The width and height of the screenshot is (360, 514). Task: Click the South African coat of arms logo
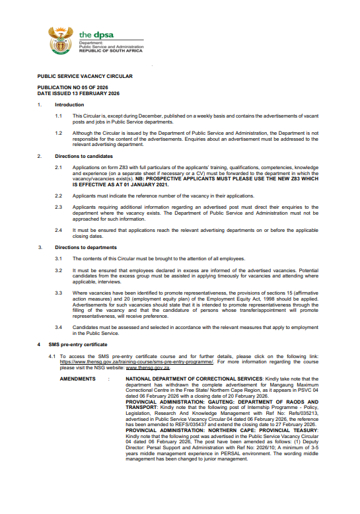59,41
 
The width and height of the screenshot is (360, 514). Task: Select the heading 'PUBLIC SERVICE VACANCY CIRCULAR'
85,76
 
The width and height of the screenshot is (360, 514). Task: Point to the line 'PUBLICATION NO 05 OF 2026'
73,89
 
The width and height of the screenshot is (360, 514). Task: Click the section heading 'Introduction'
69,105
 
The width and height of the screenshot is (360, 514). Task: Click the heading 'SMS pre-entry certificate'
78,344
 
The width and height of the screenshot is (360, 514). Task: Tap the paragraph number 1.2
59,132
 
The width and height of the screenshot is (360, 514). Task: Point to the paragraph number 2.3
59,207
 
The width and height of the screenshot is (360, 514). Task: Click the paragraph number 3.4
59,327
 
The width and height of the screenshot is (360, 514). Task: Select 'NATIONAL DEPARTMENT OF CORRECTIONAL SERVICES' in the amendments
192,379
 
